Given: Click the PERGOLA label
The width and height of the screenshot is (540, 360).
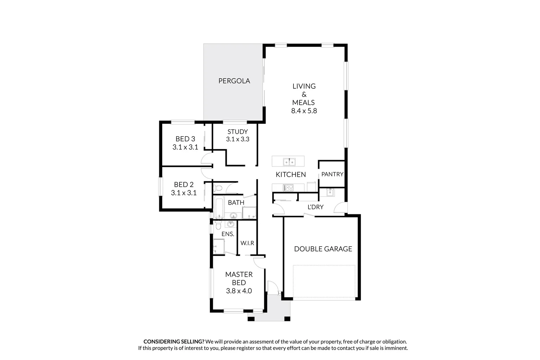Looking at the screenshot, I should click(234, 81).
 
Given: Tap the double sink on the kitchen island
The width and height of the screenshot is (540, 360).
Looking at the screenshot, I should click(289, 162).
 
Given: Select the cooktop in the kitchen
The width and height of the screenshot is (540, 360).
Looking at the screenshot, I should click(288, 188).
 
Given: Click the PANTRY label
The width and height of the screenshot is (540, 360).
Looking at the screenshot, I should click(332, 174).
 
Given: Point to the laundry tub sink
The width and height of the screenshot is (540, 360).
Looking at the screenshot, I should click(330, 192).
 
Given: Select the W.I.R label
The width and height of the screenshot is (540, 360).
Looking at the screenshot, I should click(248, 243).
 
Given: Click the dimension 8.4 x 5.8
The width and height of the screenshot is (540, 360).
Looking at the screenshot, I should click(304, 111).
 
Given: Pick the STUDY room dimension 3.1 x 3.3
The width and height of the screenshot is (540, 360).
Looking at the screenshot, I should click(238, 139).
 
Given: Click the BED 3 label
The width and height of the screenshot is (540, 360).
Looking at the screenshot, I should click(185, 139).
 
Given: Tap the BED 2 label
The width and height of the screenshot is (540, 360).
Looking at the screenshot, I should click(184, 185).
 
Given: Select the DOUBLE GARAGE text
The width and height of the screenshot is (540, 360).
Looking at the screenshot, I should click(323, 249).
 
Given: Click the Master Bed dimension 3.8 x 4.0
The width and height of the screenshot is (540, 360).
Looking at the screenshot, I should click(239, 291).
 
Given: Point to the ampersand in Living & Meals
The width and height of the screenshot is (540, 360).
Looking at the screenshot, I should click(304, 94).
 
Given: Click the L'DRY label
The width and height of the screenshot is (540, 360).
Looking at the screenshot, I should click(315, 207).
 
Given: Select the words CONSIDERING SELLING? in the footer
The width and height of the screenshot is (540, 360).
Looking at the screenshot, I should click(174, 342).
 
